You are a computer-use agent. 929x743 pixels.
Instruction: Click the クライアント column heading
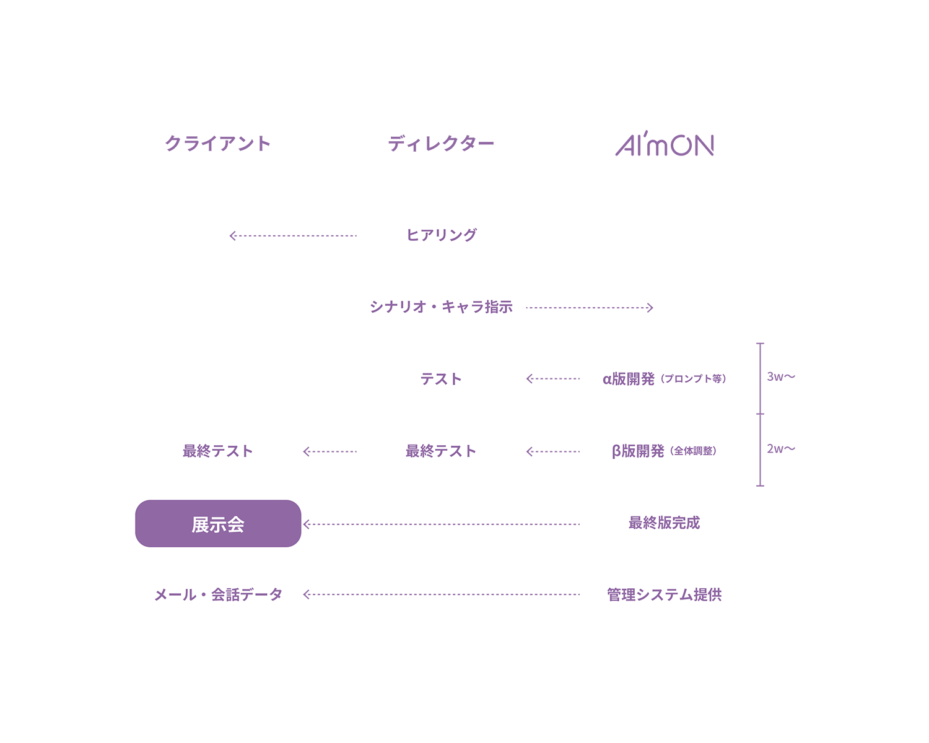218,144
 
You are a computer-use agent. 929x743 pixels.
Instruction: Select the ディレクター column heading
441,144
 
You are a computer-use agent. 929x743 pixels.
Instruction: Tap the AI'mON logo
665,144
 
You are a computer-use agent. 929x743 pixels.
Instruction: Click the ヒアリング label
441,235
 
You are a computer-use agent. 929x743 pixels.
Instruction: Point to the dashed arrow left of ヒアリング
293,236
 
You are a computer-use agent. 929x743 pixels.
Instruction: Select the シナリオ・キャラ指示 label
441,307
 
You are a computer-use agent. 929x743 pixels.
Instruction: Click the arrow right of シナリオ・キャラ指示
590,308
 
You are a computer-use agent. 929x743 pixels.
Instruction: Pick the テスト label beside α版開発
441,379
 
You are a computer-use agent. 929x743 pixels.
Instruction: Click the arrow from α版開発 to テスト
553,379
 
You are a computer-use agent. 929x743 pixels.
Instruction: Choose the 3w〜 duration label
780,376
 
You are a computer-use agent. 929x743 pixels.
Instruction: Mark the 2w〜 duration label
780,449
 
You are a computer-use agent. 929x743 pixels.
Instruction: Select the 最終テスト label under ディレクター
441,451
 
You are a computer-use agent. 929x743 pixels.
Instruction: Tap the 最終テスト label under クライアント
218,451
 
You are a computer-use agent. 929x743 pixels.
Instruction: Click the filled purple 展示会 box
218,524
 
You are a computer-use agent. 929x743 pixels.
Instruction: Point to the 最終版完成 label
664,523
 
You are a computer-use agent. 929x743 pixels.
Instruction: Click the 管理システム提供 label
664,595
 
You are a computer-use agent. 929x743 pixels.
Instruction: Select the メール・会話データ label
218,595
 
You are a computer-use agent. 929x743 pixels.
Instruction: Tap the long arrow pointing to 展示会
441,524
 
